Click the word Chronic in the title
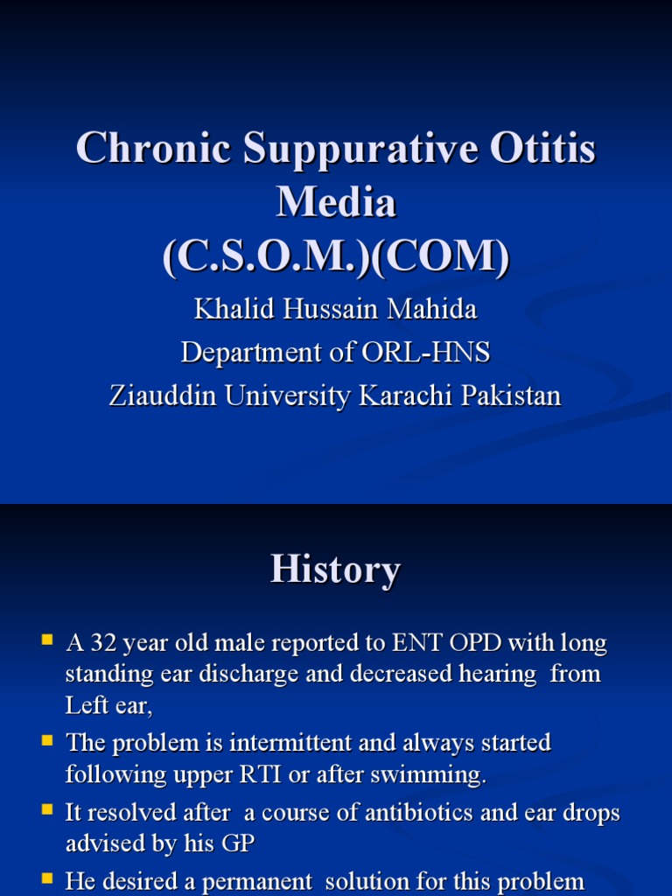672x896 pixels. click(x=154, y=147)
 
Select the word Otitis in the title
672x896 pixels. click(x=542, y=147)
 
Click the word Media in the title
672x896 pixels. click(x=336, y=201)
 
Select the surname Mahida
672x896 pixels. click(x=431, y=309)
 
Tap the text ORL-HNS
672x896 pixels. click(x=426, y=352)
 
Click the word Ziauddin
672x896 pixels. click(x=163, y=395)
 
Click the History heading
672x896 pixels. click(x=335, y=570)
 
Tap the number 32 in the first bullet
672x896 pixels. click(x=103, y=643)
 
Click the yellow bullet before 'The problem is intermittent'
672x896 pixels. click(x=47, y=741)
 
